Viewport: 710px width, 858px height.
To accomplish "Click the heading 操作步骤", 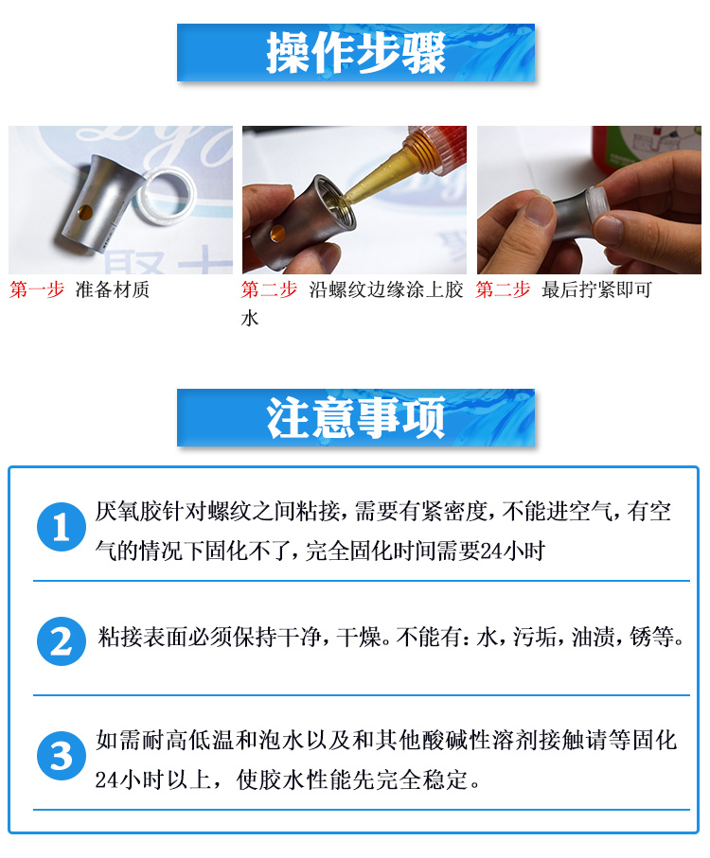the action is click(x=356, y=53).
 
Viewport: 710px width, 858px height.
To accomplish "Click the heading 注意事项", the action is click(x=356, y=417).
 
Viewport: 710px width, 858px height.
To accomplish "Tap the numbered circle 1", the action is click(x=62, y=527).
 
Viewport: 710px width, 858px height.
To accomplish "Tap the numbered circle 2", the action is click(x=62, y=641).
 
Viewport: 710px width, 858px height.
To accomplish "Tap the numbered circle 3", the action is click(x=62, y=756).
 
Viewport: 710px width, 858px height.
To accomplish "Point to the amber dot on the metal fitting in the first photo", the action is click(x=85, y=211).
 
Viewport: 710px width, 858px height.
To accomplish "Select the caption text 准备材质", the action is click(x=113, y=289).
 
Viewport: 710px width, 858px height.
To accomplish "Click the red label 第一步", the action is click(x=37, y=289).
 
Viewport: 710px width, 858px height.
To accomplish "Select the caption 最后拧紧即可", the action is click(x=596, y=289).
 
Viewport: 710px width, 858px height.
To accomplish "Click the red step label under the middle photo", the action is click(x=269, y=289).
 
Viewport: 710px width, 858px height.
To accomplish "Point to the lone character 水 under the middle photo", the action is click(x=250, y=318).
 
